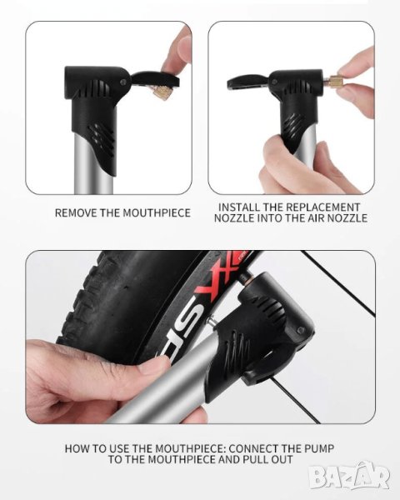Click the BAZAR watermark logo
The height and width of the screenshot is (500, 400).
pyautogui.click(x=349, y=476)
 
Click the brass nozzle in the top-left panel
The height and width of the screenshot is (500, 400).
pyautogui.click(x=161, y=93)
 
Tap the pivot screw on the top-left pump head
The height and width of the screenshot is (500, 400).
pyautogui.click(x=123, y=82)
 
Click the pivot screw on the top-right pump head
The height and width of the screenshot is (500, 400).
pyautogui.click(x=274, y=82)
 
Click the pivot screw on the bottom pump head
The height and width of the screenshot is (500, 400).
pyautogui.click(x=300, y=330)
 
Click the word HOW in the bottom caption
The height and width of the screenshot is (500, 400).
pyautogui.click(x=75, y=448)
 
